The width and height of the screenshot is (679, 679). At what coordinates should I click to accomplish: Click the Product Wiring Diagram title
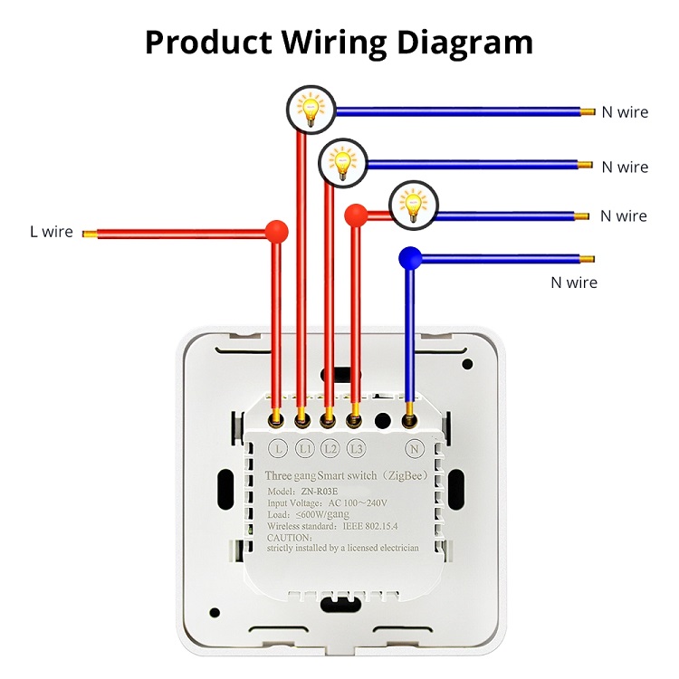pyautogui.click(x=339, y=42)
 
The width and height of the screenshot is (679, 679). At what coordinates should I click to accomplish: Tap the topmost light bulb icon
pyautogui.click(x=311, y=110)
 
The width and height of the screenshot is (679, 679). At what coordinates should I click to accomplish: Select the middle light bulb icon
pyautogui.click(x=343, y=162)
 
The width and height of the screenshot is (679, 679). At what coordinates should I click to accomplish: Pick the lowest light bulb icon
pyautogui.click(x=414, y=204)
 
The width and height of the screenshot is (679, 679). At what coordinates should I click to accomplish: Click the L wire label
pyautogui.click(x=51, y=233)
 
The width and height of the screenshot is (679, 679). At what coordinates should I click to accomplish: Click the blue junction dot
pyautogui.click(x=410, y=259)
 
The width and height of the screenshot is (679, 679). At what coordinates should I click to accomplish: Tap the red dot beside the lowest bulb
pyautogui.click(x=357, y=215)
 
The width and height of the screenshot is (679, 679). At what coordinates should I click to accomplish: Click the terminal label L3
pyautogui.click(x=356, y=447)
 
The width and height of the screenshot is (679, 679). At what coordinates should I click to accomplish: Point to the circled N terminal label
pyautogui.click(x=415, y=447)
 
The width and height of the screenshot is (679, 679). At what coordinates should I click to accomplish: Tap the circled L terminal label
pyautogui.click(x=278, y=447)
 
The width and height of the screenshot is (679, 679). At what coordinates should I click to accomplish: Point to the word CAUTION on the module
pyautogui.click(x=289, y=537)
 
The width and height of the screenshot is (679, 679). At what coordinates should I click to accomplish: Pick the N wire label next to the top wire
pyautogui.click(x=625, y=112)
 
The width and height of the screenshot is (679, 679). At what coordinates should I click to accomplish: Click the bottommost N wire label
pyautogui.click(x=574, y=282)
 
